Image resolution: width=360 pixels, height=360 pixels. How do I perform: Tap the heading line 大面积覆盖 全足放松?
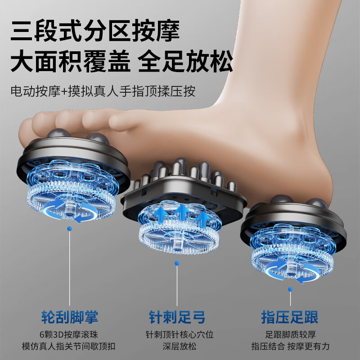[x=121, y=62]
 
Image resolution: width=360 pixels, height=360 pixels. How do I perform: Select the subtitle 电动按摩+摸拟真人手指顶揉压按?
[x=103, y=91]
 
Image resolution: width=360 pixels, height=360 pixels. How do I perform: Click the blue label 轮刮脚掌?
[x=70, y=317]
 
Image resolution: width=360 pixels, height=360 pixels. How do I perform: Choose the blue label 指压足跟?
[x=290, y=317]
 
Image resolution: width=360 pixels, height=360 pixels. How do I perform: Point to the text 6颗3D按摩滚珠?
[x=70, y=335]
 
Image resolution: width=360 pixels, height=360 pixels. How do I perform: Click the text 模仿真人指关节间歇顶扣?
[x=70, y=346]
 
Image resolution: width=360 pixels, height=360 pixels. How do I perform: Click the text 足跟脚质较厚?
[x=290, y=335]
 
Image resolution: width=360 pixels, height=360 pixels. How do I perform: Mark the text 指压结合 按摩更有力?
[x=290, y=346]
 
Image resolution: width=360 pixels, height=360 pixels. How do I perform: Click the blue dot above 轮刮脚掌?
[x=69, y=229]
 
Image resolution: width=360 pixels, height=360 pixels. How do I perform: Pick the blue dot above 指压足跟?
[x=290, y=288]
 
